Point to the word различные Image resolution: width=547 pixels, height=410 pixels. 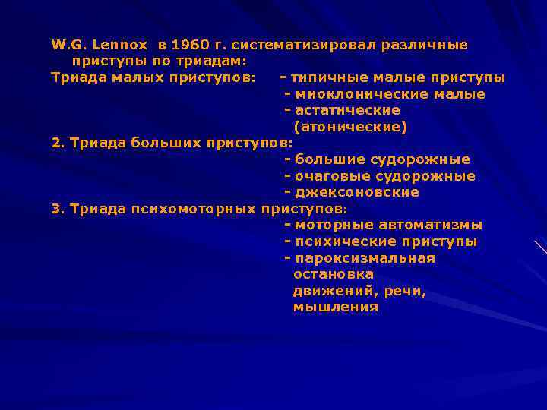click(430, 45)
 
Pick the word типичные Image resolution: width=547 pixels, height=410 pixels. click(324, 77)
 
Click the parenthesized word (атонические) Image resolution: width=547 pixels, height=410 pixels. click(350, 127)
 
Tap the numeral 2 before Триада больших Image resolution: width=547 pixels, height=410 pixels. click(55, 143)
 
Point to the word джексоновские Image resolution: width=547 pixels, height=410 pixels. click(357, 192)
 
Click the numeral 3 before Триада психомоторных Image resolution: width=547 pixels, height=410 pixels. click(55, 209)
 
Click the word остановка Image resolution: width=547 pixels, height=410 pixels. click(333, 274)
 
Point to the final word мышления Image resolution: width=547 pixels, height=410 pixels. click(335, 307)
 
